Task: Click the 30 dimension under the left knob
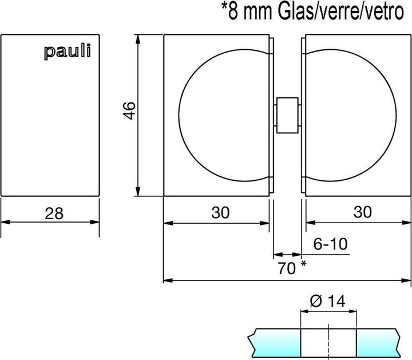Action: point(219,212)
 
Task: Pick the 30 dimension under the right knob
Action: point(362,212)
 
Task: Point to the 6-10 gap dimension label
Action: point(330,244)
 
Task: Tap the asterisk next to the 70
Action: point(303,264)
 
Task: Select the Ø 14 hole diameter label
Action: point(328,302)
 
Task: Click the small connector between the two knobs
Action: point(287,115)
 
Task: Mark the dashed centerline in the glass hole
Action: point(329,342)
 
